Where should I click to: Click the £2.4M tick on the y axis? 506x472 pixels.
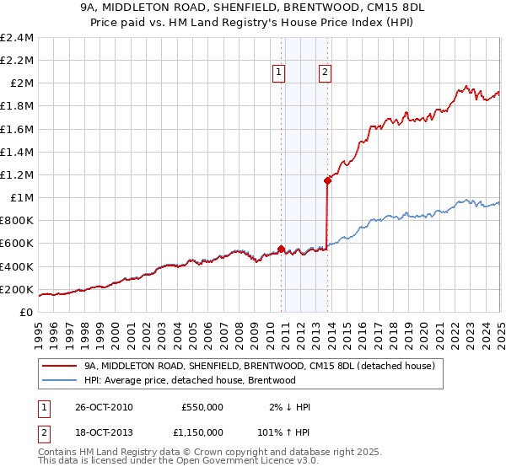18,38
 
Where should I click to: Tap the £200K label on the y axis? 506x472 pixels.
18,289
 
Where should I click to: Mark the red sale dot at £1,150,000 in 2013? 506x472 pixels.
327,180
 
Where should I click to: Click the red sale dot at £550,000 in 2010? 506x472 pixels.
282,249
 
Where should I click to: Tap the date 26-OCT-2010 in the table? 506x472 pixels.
103,407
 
